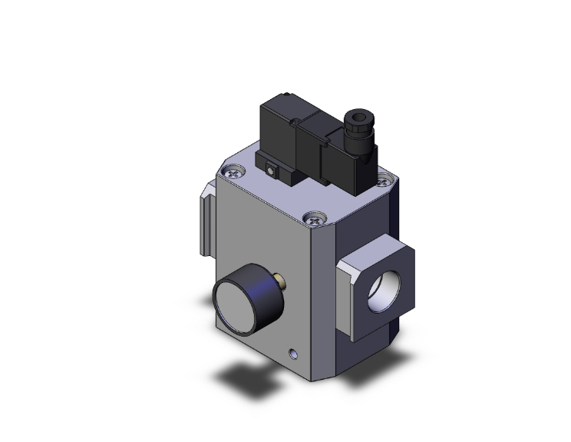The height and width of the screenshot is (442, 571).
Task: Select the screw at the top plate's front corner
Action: click(x=311, y=218)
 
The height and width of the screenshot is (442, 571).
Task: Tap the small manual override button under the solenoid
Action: click(x=271, y=166)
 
